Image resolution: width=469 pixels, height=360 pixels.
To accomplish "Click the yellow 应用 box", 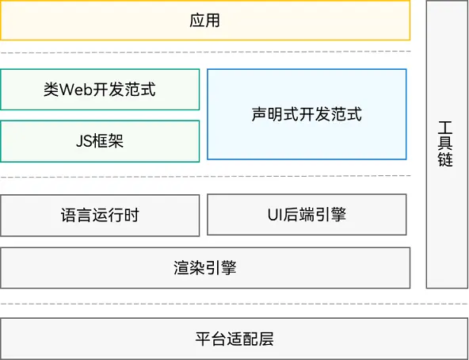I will [x=205, y=21].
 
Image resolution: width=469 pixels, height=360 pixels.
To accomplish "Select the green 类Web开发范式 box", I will [x=100, y=90].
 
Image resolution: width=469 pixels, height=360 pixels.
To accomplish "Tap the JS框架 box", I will [x=100, y=141].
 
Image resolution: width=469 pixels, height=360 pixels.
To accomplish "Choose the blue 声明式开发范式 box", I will [x=307, y=114].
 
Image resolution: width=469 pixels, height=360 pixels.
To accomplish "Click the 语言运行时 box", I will [x=100, y=215].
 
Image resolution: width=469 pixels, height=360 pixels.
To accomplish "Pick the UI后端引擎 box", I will [x=307, y=215].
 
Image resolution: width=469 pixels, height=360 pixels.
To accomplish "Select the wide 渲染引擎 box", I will [x=205, y=268].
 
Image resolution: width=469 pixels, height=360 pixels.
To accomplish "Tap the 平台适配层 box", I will [x=234, y=339].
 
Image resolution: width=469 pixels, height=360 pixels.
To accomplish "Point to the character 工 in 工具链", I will [x=446, y=126].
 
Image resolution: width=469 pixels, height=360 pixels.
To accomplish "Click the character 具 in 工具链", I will [x=446, y=143].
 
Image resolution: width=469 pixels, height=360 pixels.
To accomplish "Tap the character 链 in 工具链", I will [x=446, y=159].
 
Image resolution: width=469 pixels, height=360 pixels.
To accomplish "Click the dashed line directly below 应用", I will [x=205, y=52].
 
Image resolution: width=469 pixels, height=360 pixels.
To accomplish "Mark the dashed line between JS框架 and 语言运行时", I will [x=205, y=176].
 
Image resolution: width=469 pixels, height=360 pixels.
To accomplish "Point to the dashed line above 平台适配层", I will [x=234, y=304].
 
